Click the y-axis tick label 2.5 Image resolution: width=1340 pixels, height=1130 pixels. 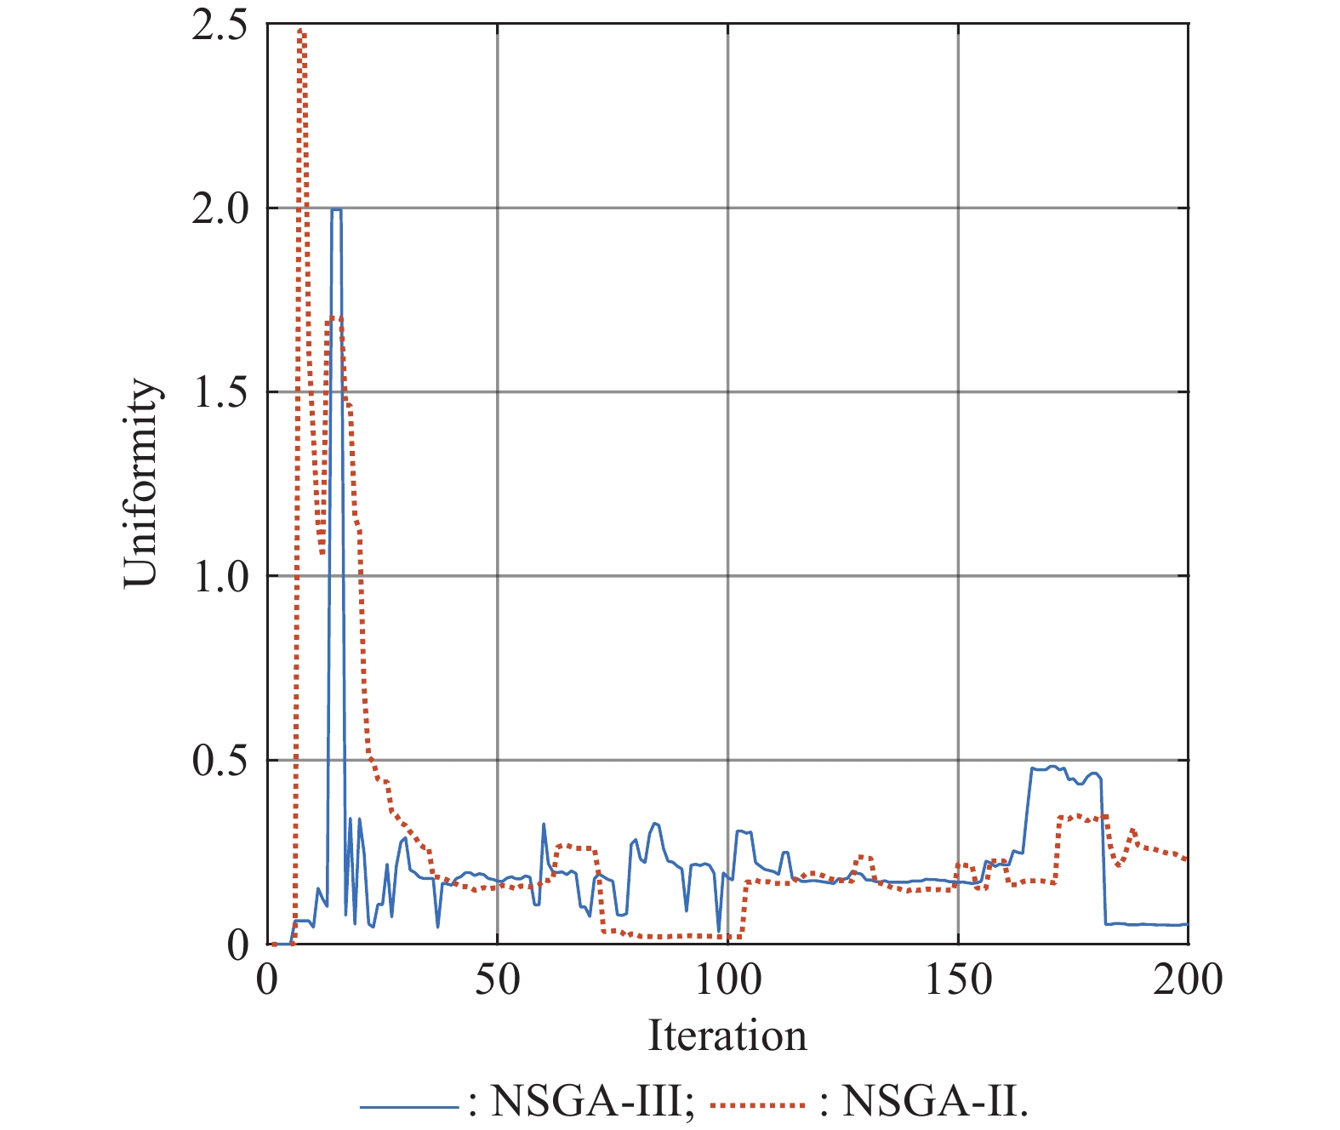pos(219,26)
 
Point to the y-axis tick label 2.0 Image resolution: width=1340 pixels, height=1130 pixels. pos(219,208)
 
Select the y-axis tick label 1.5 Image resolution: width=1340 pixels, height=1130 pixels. pos(219,392)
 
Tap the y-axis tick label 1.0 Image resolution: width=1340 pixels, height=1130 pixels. pos(219,576)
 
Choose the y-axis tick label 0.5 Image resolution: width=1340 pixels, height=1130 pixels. pos(219,760)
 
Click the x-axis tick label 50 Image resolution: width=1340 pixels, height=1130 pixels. pos(497,979)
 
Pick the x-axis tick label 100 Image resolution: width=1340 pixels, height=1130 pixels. pos(727,979)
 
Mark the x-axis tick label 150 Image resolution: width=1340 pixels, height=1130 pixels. pos(958,979)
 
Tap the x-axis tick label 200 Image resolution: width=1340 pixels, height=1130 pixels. pos(1188,979)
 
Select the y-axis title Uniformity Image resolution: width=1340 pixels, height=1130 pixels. pos(141,483)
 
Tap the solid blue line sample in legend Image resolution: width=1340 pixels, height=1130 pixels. pos(409,1107)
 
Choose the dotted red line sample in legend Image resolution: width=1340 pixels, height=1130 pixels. pos(757,1107)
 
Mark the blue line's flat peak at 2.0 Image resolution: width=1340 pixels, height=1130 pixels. pos(336,209)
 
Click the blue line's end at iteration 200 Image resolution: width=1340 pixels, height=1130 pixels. pos(1186,924)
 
